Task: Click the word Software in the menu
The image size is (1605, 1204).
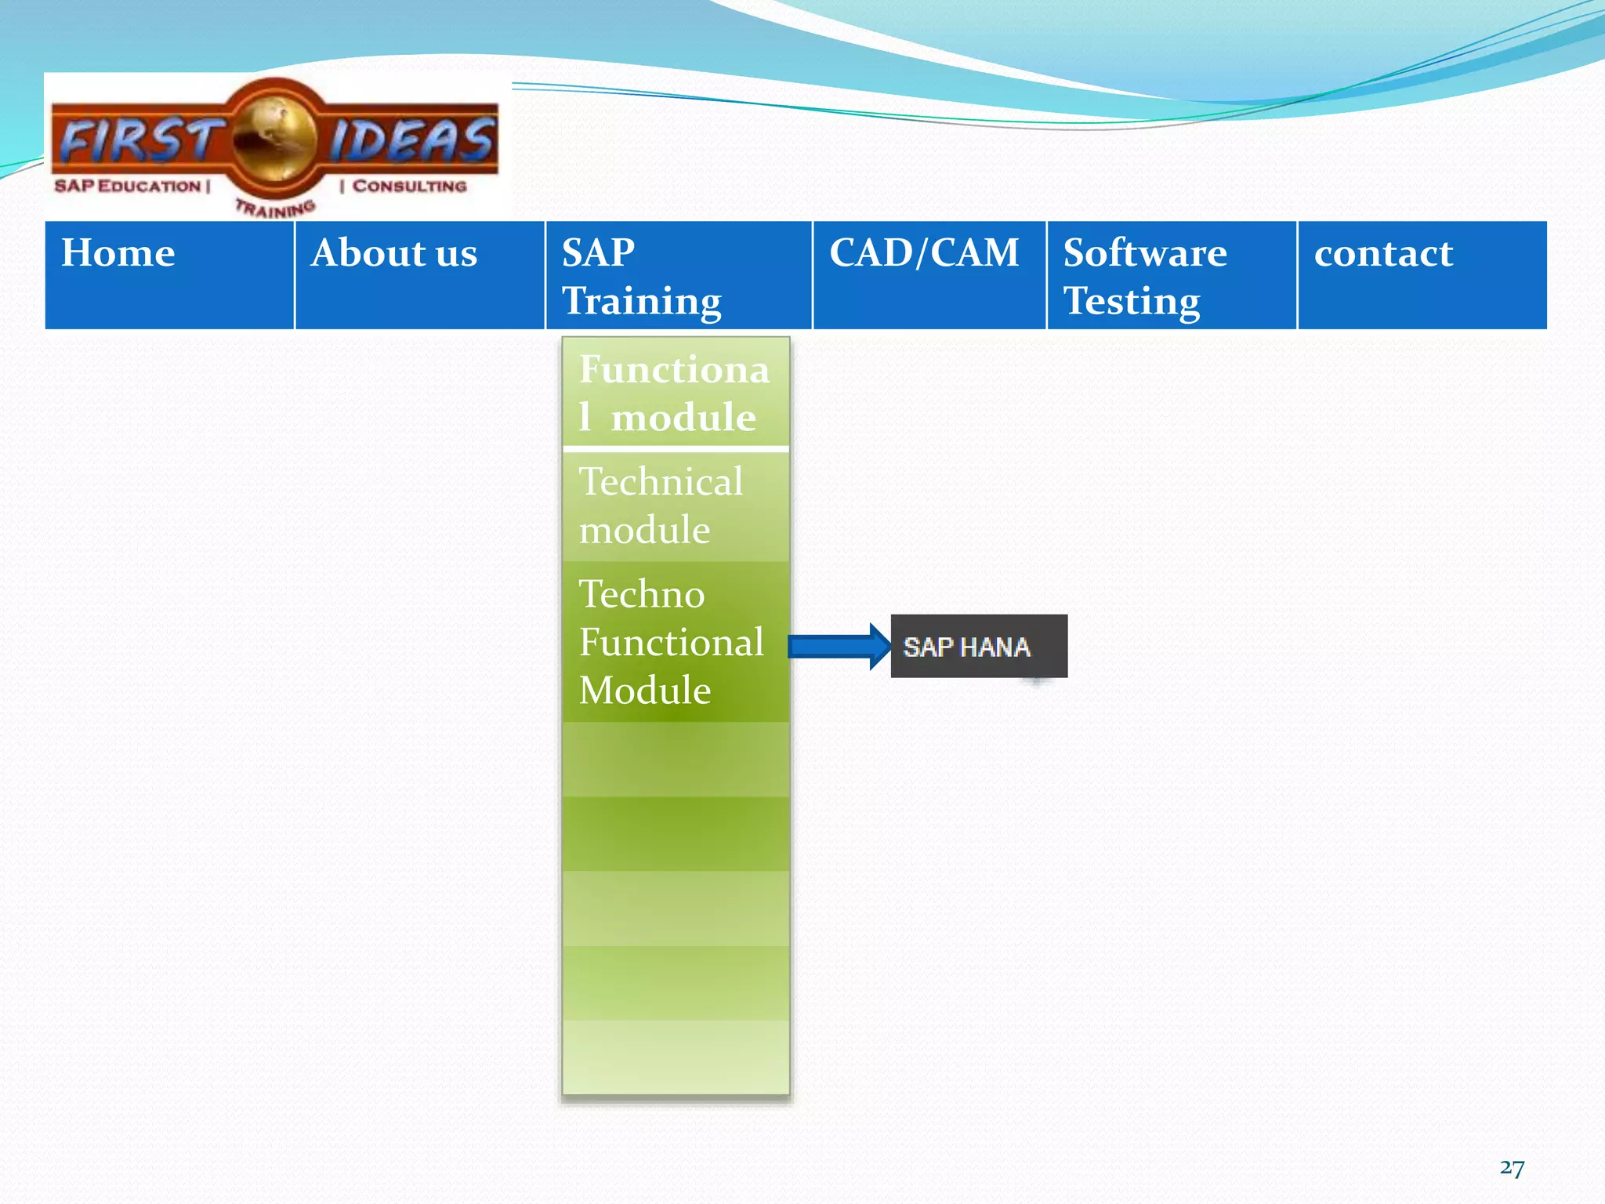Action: [1145, 253]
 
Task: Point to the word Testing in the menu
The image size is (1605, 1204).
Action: [1132, 302]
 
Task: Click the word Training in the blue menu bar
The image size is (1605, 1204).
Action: [642, 302]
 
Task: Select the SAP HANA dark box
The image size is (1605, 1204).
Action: [979, 647]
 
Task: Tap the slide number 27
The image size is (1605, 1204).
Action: [1512, 1168]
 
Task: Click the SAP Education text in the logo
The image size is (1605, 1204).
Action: [129, 187]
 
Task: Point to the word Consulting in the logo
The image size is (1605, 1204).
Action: [408, 187]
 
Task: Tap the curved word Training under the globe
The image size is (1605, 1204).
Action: [275, 209]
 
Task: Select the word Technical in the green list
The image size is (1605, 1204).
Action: [661, 482]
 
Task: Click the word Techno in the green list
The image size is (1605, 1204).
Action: [642, 594]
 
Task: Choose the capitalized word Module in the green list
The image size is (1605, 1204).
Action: [645, 691]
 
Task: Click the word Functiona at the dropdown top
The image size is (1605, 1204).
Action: [674, 370]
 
